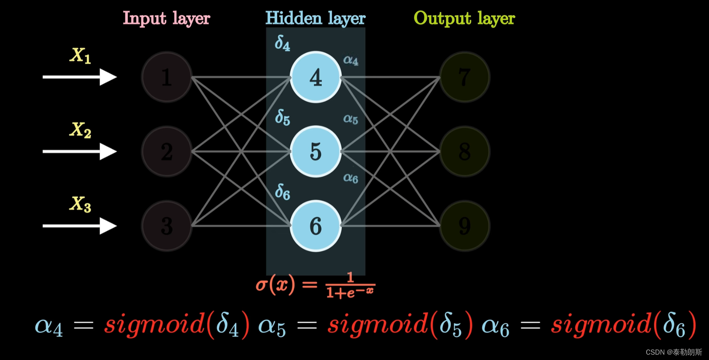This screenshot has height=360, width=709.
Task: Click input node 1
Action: pyautogui.click(x=167, y=77)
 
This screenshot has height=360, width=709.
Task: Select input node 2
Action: pyautogui.click(x=167, y=151)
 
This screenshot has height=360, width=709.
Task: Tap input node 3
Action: pyautogui.click(x=167, y=226)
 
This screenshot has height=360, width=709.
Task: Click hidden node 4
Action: pyautogui.click(x=316, y=77)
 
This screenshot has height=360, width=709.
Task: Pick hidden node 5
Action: pyautogui.click(x=316, y=151)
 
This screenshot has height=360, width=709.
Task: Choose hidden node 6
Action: pyautogui.click(x=316, y=226)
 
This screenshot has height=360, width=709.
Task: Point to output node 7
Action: pyautogui.click(x=464, y=77)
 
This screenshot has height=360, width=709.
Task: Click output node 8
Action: pyautogui.click(x=464, y=151)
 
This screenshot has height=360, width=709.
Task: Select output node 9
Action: pyautogui.click(x=464, y=226)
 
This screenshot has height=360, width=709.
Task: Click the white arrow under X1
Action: pyautogui.click(x=80, y=77)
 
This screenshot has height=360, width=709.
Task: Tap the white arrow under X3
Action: pyautogui.click(x=80, y=226)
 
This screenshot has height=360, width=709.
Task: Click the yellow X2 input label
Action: pyautogui.click(x=80, y=130)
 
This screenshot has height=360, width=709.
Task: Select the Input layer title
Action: pyautogui.click(x=167, y=19)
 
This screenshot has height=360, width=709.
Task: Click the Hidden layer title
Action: pyautogui.click(x=315, y=19)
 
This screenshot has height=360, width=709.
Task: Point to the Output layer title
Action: pyautogui.click(x=464, y=19)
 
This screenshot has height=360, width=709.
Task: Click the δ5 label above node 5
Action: pyautogui.click(x=283, y=118)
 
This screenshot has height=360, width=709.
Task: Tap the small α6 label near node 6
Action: pyautogui.click(x=351, y=178)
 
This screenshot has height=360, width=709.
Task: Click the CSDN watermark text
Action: pyautogui.click(x=674, y=352)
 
